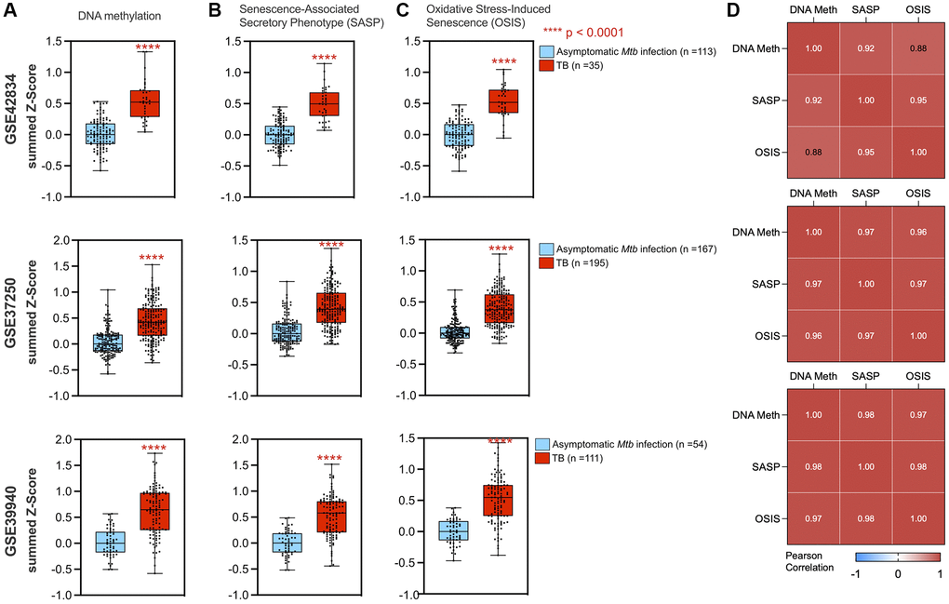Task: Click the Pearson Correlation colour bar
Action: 898,556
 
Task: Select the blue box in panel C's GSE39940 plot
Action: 427,530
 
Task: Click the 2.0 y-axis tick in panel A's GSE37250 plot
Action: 62,239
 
